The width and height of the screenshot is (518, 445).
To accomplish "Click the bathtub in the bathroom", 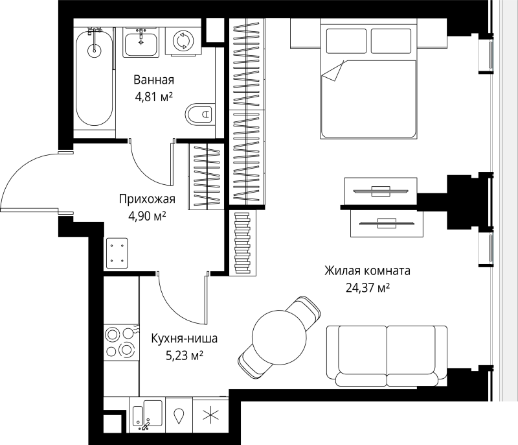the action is pos(94,78).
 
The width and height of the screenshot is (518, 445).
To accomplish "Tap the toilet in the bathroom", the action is pos(199,114).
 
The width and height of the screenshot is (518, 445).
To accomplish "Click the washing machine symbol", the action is pos(183,41).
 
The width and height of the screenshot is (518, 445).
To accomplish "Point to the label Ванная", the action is pos(153,80).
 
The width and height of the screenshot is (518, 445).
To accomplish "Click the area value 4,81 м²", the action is pos(153,97).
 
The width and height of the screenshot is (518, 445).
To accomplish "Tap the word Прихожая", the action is pos(147,199).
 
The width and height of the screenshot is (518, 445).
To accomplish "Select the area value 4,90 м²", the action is pos(147,216).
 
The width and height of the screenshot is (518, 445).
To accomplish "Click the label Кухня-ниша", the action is pos(185,339).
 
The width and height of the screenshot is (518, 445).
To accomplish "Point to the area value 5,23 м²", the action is pos(185,355).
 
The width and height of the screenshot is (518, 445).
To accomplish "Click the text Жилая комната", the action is pos(367,271).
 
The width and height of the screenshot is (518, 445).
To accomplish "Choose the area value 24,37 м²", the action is pos(368,288).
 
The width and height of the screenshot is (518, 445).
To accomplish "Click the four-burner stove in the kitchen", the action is pos(120,343).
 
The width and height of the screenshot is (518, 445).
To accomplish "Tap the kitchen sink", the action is pos(148,415).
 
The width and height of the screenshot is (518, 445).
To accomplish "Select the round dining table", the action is pos(279,337).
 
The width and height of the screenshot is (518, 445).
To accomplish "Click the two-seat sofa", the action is pos(387,356).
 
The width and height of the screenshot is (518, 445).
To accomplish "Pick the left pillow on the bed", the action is pos(346,41).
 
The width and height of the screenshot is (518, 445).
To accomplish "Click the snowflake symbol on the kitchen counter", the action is pos(210,415).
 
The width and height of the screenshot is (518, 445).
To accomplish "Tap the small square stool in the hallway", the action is pos(117,253).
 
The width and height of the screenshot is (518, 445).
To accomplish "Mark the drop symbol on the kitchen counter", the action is pos(179,416).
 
